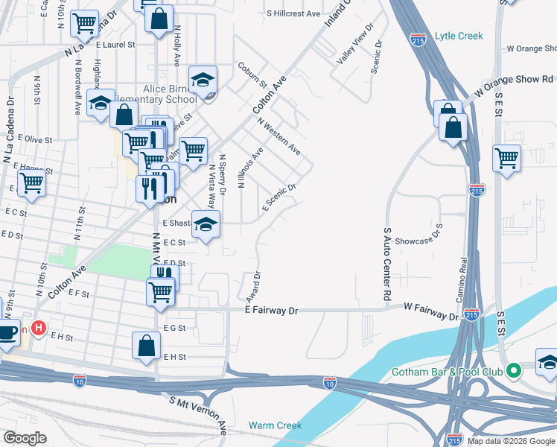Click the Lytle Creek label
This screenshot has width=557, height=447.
pos(459,36)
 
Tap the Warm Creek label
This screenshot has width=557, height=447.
pos(276,425)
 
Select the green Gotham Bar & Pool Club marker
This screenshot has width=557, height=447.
pos(512,370)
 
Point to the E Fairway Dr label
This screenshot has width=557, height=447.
pos(270,311)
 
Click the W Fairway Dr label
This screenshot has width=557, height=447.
pos(431,311)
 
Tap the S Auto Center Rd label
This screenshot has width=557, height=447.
pos(387,264)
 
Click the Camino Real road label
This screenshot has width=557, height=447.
pos(462,279)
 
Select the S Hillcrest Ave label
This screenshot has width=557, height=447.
pos(293,14)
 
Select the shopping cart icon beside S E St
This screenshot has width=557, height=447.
pos(506,159)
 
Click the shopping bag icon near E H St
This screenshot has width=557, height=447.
pos(147,346)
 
